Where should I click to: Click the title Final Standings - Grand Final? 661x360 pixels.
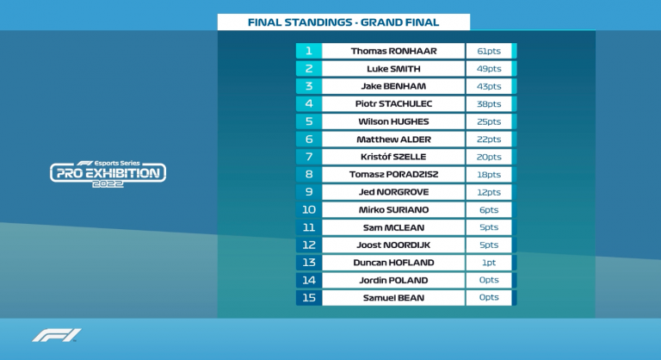tap(343, 22)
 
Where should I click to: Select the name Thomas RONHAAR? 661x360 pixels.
tap(393, 51)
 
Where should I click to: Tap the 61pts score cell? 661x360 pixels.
tap(488, 51)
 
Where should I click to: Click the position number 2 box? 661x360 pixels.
tap(308, 69)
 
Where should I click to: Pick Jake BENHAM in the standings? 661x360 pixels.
tap(393, 86)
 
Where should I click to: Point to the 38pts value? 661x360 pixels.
tap(488, 104)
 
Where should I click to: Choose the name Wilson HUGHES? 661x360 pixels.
tap(393, 121)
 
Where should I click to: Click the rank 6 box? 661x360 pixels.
tap(308, 140)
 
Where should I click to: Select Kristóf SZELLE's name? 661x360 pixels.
tap(393, 157)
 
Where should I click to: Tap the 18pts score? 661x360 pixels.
tap(488, 175)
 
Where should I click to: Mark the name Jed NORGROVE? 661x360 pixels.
tap(393, 192)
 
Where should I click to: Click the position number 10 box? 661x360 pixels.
tap(308, 209)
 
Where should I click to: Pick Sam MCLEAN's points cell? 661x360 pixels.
tap(488, 227)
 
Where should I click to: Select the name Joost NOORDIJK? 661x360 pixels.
tap(393, 245)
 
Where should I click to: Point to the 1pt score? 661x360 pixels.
tap(488, 263)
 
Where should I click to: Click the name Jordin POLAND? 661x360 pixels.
tap(393, 280)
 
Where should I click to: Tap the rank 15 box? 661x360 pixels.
tap(308, 298)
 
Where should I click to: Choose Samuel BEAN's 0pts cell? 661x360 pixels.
tap(488, 298)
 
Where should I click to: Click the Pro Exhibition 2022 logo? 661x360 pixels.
tap(108, 173)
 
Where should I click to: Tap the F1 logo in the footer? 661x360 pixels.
tap(57, 335)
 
